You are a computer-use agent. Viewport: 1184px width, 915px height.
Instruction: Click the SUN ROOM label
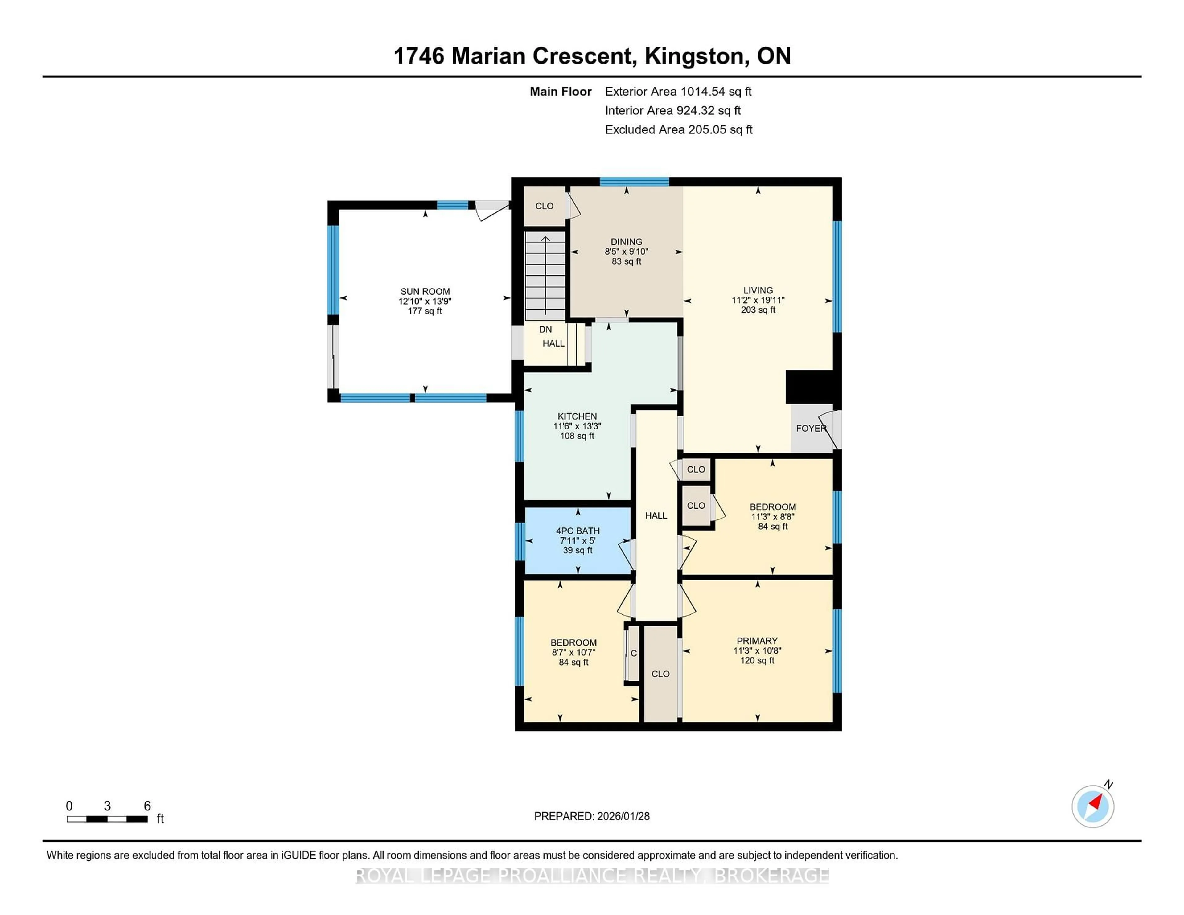(x=425, y=291)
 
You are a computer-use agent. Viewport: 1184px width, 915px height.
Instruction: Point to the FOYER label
(x=811, y=428)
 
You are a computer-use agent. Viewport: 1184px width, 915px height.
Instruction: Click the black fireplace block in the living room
(x=809, y=387)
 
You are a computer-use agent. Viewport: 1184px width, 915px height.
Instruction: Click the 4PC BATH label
(x=578, y=531)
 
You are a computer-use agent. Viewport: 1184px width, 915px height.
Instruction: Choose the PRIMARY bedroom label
(x=757, y=641)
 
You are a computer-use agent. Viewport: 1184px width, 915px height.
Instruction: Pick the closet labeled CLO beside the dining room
(x=544, y=206)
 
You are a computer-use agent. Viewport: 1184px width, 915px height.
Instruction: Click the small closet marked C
(x=633, y=654)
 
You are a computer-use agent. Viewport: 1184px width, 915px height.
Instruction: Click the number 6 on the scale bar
(x=147, y=806)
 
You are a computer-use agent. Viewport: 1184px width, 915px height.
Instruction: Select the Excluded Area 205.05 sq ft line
(x=678, y=129)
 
